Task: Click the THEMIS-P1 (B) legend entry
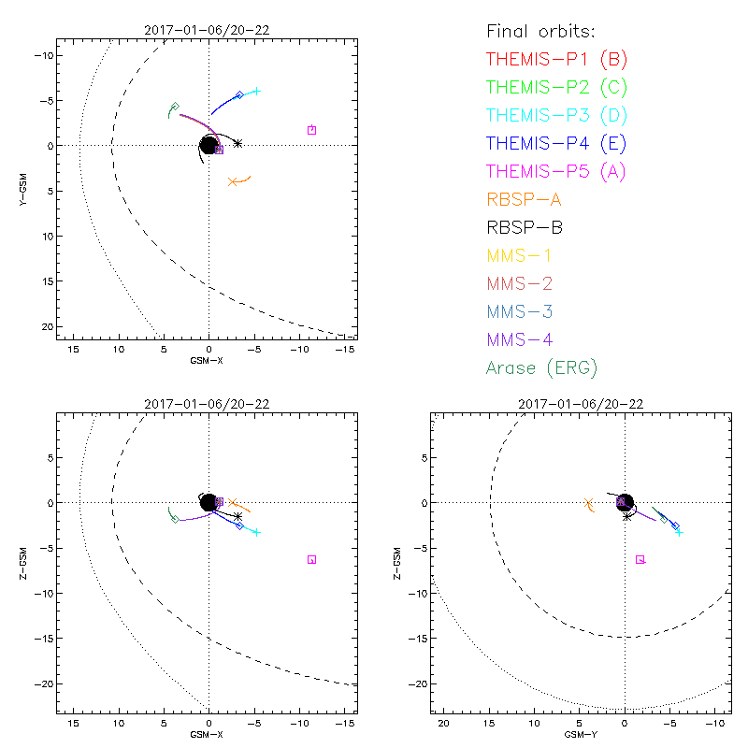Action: [x=556, y=60]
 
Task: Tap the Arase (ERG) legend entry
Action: [x=541, y=367]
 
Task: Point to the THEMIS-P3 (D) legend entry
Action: [x=556, y=115]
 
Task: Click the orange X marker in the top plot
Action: [x=233, y=181]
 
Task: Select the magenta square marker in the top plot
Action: [x=311, y=130]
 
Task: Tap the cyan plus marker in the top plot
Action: [x=255, y=91]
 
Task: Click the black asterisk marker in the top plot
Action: [x=237, y=143]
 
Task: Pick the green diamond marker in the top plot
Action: [x=174, y=107]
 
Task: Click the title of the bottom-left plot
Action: [x=207, y=404]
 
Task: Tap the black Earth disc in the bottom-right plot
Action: [x=625, y=502]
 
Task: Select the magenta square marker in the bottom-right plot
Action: [x=640, y=559]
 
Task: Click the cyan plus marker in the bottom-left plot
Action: [x=255, y=532]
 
